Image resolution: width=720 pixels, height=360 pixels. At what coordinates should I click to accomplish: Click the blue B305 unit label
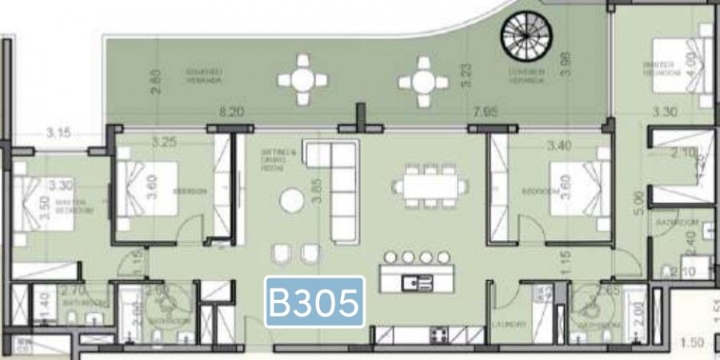pos(314,302)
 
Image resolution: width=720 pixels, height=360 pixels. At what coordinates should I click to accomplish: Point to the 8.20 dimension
pos(231,113)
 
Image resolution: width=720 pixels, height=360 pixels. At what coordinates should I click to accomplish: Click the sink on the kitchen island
pos(418,282)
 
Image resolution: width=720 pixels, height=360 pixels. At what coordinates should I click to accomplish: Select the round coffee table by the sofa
pos(291,202)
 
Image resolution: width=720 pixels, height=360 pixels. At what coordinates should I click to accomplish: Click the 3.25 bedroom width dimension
pos(164,142)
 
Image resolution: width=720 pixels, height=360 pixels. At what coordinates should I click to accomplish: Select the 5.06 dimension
pos(637,198)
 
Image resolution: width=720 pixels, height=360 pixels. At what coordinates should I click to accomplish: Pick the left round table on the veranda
pos(302,79)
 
